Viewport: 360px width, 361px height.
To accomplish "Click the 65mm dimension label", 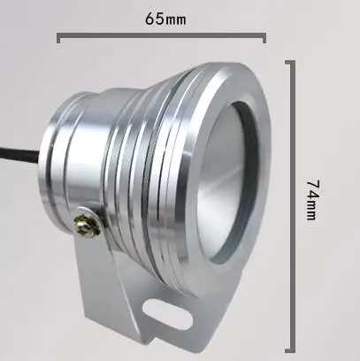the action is click(x=165, y=19).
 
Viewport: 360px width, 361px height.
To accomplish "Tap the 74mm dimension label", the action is click(x=312, y=200).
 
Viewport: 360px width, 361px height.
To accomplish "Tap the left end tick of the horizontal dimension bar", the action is click(x=58, y=38).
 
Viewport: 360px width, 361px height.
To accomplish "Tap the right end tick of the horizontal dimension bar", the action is click(x=264, y=38).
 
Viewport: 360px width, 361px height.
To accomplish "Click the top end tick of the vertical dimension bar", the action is click(x=290, y=62).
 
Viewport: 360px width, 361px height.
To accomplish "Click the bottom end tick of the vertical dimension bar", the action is click(x=290, y=350).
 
